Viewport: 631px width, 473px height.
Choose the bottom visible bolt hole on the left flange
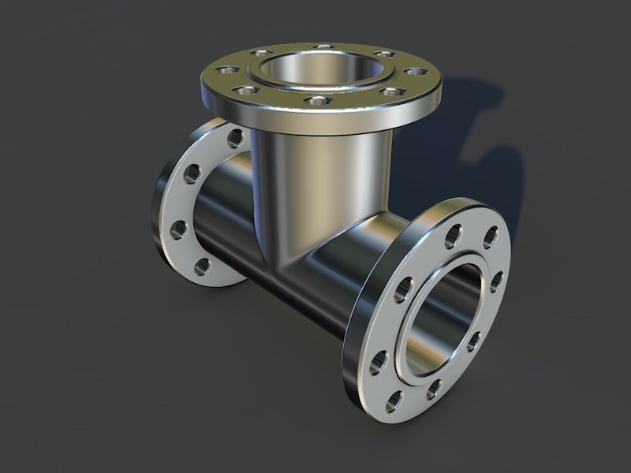(202, 266)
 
